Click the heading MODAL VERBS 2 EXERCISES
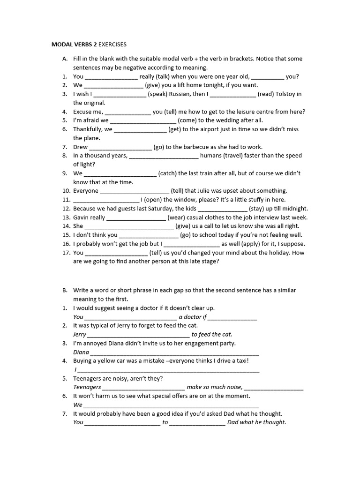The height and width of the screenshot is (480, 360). (x=89, y=45)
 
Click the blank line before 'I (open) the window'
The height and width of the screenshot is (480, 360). (x=106, y=200)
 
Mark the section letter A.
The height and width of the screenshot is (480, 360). (x=65, y=59)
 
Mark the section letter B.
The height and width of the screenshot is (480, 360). (x=65, y=290)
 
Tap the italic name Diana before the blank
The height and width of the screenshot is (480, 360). (x=81, y=352)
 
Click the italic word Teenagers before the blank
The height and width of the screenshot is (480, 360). (x=87, y=387)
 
